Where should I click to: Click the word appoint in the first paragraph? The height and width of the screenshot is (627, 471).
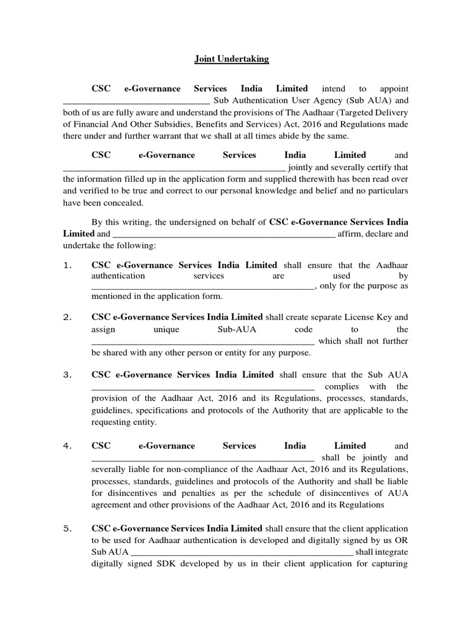(x=391, y=89)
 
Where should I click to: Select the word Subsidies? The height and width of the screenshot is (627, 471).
(x=178, y=124)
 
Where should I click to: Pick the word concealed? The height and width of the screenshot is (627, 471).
(x=123, y=203)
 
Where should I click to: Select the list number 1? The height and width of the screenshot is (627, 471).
(x=68, y=265)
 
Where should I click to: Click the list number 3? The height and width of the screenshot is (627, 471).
(x=68, y=375)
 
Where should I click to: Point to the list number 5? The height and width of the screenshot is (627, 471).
(x=68, y=528)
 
